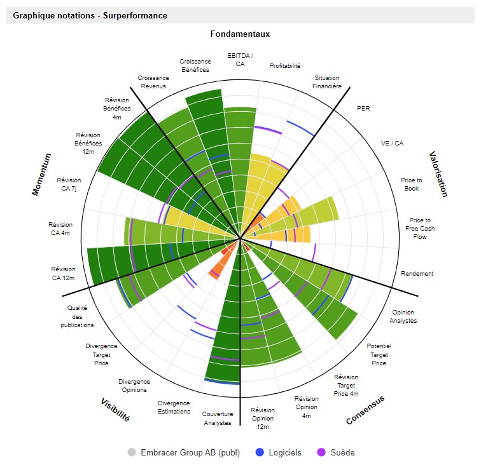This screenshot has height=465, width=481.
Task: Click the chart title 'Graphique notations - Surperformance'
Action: click(90, 15)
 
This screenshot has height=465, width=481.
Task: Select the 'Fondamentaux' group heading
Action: click(240, 34)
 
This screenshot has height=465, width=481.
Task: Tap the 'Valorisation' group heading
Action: click(438, 174)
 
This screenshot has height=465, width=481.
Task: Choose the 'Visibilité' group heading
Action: click(115, 410)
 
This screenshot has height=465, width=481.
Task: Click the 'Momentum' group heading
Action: click(41, 174)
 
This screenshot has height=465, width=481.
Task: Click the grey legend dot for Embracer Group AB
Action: click(132, 452)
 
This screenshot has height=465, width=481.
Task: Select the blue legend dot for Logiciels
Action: click(259, 452)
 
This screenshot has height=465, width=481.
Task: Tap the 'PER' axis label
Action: click(363, 109)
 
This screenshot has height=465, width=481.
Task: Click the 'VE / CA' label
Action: click(392, 144)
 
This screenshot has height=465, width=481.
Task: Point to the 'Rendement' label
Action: click(417, 274)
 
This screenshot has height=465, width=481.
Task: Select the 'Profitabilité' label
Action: click(285, 65)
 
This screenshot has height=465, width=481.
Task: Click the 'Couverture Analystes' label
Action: click(218, 418)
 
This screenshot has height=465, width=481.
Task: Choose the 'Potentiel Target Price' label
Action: click(379, 354)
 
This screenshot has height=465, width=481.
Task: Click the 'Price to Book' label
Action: click(411, 184)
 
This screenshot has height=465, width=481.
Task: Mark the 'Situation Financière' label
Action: click(327, 82)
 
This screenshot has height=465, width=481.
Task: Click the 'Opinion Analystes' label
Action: click(404, 316)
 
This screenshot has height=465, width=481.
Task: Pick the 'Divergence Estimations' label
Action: click(174, 407)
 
